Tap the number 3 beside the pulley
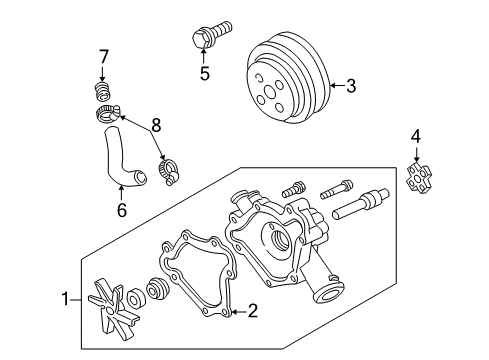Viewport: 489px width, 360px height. [x=350, y=86]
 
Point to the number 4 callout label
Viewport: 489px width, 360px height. [x=414, y=136]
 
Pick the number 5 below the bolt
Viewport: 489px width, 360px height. [x=204, y=73]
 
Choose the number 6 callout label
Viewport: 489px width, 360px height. [x=122, y=212]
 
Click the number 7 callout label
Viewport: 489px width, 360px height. [x=102, y=56]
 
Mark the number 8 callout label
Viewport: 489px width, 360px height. [x=154, y=125]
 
